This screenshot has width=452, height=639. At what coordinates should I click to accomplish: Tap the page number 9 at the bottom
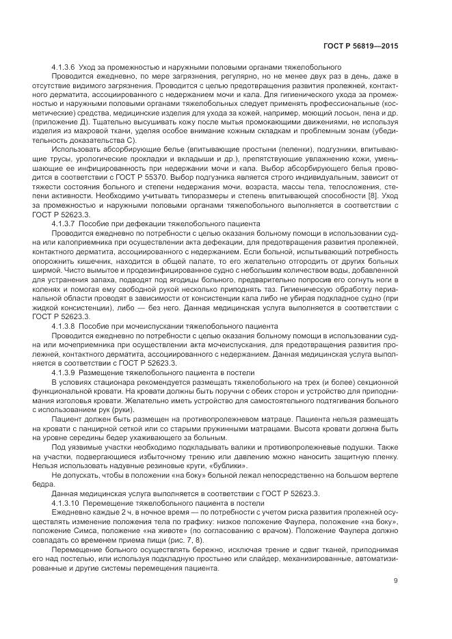coord(396,581)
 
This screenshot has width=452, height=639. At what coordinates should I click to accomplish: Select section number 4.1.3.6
coord(64,66)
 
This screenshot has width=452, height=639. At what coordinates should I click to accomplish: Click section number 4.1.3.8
coord(64,326)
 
